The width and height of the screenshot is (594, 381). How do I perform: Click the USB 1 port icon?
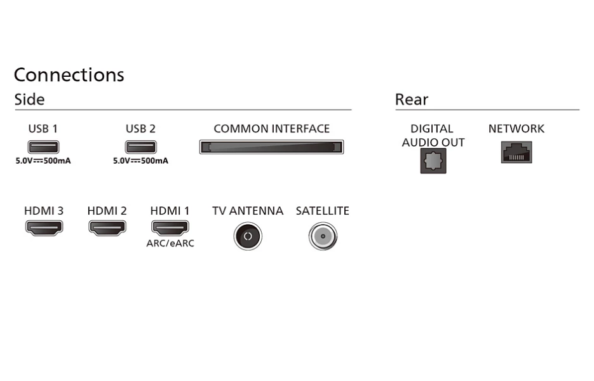pyautogui.click(x=43, y=147)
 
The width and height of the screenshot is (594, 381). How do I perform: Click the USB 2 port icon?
pyautogui.click(x=140, y=147)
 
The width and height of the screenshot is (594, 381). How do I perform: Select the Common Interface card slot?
pyautogui.click(x=271, y=147)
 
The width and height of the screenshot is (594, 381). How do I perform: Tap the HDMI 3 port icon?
pyautogui.click(x=44, y=227)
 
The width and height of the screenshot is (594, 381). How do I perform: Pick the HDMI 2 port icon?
pyautogui.click(x=107, y=227)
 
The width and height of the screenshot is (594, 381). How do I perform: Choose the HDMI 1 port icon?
pyautogui.click(x=170, y=227)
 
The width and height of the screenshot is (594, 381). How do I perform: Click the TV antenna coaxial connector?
pyautogui.click(x=248, y=236)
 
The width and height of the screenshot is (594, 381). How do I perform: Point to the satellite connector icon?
pyautogui.click(x=323, y=236)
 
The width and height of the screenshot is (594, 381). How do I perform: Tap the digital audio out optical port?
pyautogui.click(x=433, y=161)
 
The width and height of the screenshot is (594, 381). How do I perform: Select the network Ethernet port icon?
pyautogui.click(x=516, y=152)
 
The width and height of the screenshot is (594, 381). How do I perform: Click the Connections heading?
pyautogui.click(x=69, y=74)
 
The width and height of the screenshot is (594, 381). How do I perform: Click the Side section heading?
pyautogui.click(x=30, y=99)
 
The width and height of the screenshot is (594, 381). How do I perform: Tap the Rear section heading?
pyautogui.click(x=412, y=99)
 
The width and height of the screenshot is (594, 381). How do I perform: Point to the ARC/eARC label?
pyautogui.click(x=170, y=243)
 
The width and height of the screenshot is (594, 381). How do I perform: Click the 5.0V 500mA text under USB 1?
pyautogui.click(x=43, y=161)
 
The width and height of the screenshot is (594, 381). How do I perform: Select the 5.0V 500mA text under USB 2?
pyautogui.click(x=140, y=161)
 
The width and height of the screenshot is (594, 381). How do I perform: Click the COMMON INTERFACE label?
pyautogui.click(x=272, y=129)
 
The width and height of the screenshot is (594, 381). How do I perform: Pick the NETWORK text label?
pyautogui.click(x=516, y=129)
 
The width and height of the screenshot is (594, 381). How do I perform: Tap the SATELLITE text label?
pyautogui.click(x=322, y=211)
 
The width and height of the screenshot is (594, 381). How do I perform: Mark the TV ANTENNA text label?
pyautogui.click(x=248, y=211)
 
